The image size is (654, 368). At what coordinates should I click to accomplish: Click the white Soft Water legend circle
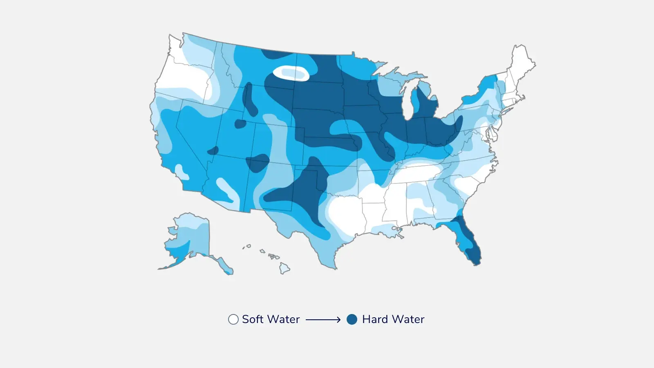point(233,319)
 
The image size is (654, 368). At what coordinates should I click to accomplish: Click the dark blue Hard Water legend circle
point(352,319)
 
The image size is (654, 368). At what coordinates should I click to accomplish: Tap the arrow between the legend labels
point(323,320)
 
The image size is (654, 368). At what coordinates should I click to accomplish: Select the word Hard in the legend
point(374,319)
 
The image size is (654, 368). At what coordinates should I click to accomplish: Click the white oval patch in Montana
point(291,74)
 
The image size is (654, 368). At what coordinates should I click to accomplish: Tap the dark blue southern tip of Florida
point(474,256)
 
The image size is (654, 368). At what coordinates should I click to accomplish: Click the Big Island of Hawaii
point(284,268)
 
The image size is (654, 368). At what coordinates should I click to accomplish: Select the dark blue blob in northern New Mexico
point(258,163)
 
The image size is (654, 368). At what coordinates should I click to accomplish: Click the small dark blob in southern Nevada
point(213,151)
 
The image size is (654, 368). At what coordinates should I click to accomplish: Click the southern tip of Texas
point(333,266)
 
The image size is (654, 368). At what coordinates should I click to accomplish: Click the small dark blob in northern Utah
point(240,123)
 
